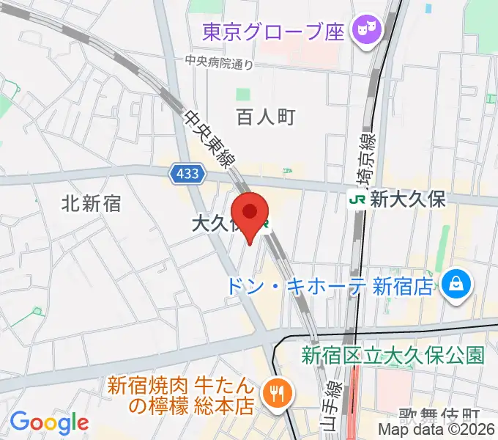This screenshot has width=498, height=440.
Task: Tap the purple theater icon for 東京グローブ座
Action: (x=365, y=30)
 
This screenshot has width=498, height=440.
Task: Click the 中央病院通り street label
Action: (x=219, y=63)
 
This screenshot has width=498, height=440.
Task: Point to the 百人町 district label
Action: (x=265, y=117)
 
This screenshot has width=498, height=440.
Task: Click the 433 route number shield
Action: (x=187, y=175)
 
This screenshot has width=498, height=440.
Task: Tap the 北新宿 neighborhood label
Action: (x=92, y=203)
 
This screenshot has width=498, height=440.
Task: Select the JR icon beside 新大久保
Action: (x=357, y=199)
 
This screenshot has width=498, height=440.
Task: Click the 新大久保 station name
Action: (x=408, y=199)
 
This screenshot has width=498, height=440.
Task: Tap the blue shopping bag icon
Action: (x=458, y=283)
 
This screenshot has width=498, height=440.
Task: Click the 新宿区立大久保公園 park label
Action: (x=393, y=356)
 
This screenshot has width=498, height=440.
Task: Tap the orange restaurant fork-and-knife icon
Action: (x=278, y=395)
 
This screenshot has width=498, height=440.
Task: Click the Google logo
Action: (x=49, y=422)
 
